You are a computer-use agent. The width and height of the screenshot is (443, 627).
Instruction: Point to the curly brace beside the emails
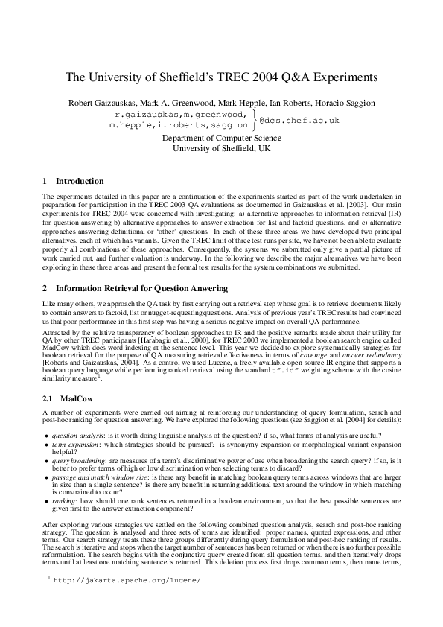click(253, 120)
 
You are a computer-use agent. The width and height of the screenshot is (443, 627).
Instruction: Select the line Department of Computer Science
click(221, 138)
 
